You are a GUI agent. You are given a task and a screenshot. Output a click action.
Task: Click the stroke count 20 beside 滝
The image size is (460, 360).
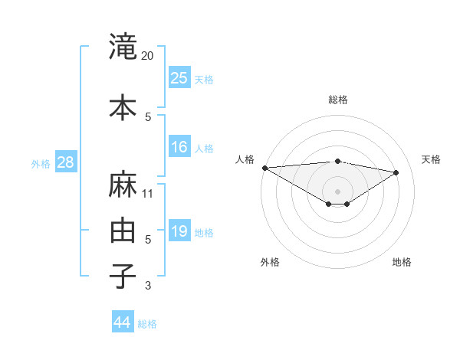148,56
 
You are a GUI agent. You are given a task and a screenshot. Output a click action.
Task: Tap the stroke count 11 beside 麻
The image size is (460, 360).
148,194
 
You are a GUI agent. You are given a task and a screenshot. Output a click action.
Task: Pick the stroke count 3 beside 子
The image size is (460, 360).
148,286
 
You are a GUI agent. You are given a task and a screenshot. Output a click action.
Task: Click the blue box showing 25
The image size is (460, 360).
179,78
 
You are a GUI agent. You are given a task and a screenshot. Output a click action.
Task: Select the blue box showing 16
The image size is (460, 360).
179,147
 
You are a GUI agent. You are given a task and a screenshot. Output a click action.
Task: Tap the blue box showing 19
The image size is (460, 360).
179,231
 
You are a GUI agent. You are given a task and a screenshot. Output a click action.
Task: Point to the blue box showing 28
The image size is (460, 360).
65,162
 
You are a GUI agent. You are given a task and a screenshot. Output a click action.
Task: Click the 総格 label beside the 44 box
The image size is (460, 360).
147,324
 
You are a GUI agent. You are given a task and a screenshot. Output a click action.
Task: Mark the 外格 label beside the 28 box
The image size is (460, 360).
41,164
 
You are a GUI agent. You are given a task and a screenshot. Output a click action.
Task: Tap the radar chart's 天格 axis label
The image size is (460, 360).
431,159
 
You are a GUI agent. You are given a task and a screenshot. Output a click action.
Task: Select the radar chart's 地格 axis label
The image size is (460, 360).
402,262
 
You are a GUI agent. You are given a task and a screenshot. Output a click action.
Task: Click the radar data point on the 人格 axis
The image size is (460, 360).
264,168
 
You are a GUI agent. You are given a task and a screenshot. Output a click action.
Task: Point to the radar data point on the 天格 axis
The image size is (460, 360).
396,172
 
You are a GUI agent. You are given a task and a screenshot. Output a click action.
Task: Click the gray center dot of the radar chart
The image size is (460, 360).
337,190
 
